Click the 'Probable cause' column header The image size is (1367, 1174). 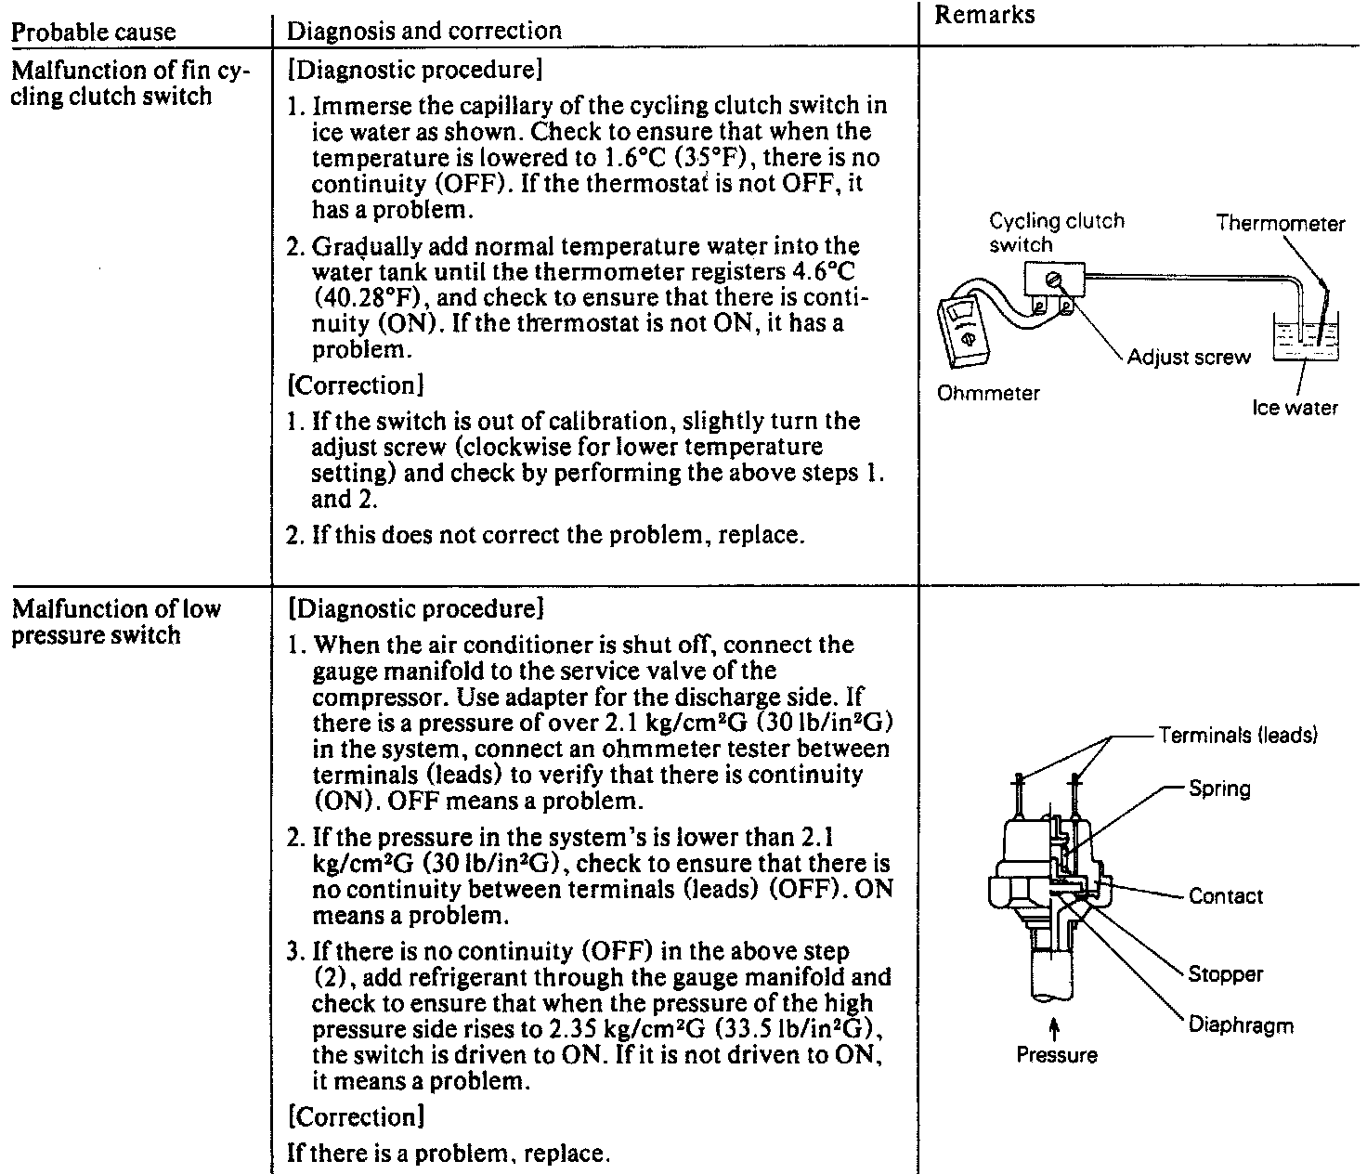pyautogui.click(x=93, y=32)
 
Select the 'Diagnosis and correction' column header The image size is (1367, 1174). pyautogui.click(x=424, y=31)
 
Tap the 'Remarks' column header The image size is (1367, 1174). pyautogui.click(x=984, y=14)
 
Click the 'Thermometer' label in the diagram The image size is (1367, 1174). pyautogui.click(x=1280, y=224)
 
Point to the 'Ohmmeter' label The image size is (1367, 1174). pyautogui.click(x=988, y=393)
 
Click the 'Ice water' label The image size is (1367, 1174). pyautogui.click(x=1295, y=408)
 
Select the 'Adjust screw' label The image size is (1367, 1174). pyautogui.click(x=1189, y=358)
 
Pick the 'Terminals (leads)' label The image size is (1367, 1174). pyautogui.click(x=1238, y=736)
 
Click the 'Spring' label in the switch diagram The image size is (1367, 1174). pyautogui.click(x=1219, y=789)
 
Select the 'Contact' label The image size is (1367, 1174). pyautogui.click(x=1226, y=896)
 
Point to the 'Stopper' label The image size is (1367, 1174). pyautogui.click(x=1226, y=974)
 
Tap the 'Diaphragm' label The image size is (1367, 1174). pyautogui.click(x=1241, y=1025)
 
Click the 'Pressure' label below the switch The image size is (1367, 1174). pyautogui.click(x=1057, y=1055)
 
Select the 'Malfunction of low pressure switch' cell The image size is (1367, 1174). pyautogui.click(x=116, y=622)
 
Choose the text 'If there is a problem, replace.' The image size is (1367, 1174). pyautogui.click(x=449, y=1154)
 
